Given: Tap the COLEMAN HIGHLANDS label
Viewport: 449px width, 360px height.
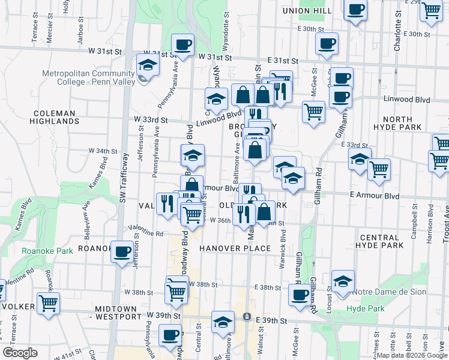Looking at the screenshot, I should tap(55, 117).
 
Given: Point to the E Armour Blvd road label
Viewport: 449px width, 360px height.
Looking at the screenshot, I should tap(375, 196).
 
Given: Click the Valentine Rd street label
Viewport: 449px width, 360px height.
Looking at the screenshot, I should tap(146, 231).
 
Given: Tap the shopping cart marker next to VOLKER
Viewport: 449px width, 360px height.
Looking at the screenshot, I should tap(48, 302).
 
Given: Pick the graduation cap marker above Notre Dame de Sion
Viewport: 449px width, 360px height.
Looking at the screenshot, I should tap(343, 281).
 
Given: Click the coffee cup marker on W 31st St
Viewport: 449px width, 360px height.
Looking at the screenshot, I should tap(182, 44).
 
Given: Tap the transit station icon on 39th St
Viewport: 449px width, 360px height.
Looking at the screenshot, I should tap(246, 316).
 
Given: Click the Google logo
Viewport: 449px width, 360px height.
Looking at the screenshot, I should tap(20, 353).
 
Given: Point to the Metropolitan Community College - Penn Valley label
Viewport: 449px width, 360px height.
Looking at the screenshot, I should tap(88, 79).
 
